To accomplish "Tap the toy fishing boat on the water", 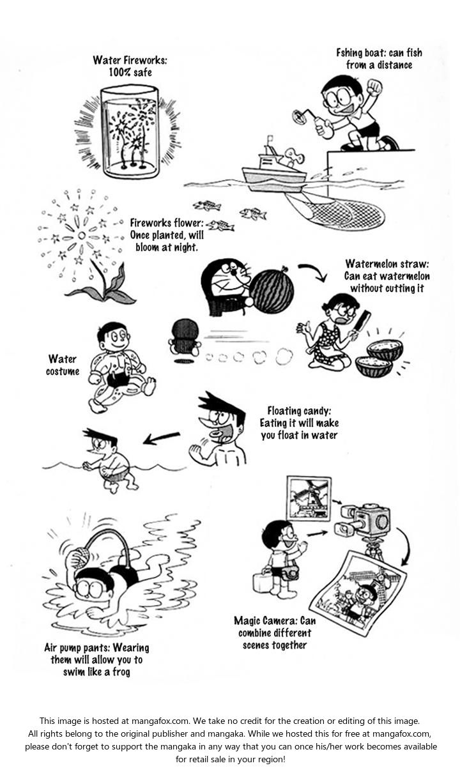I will click(x=273, y=171).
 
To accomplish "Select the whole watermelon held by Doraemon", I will click(x=271, y=291).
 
